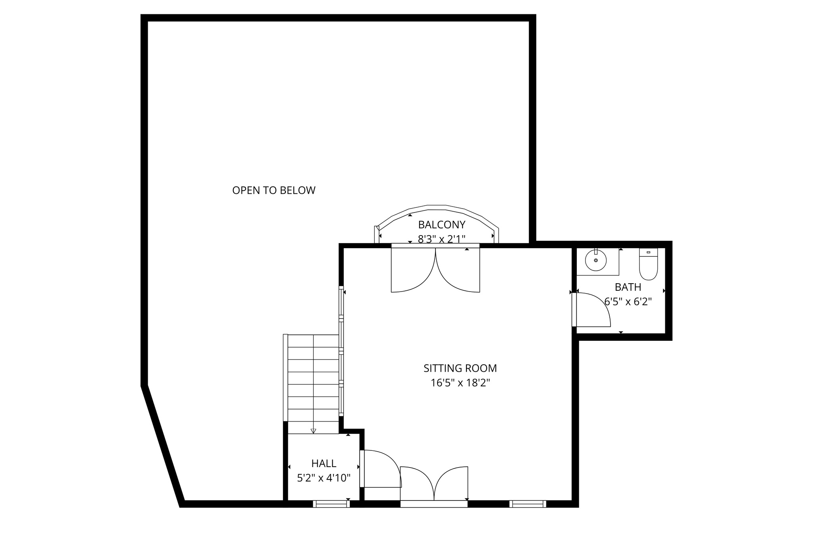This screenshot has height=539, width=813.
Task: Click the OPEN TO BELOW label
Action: [x=274, y=190]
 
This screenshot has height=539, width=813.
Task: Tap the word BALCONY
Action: [x=441, y=225]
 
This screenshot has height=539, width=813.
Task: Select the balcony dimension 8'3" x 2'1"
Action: [x=441, y=239]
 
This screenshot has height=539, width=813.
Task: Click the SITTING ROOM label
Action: [x=460, y=368]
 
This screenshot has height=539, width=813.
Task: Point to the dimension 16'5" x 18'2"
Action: [x=460, y=383]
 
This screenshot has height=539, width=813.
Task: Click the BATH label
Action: [x=628, y=287]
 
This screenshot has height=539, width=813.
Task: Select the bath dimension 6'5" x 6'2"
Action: [x=628, y=301]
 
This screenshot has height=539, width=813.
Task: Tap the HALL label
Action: [x=324, y=463]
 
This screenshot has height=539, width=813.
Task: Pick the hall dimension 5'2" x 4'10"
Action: [x=324, y=477]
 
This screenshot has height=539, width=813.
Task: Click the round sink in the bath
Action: [x=595, y=260]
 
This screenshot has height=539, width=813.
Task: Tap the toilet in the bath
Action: [x=648, y=264]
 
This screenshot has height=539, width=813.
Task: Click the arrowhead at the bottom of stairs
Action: [x=313, y=431]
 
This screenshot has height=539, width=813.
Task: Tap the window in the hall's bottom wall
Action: [x=331, y=504]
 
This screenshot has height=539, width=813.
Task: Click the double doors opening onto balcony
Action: [x=435, y=270]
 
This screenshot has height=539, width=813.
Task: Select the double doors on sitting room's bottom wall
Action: [x=434, y=485]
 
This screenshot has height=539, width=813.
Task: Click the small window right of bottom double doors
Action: [x=528, y=504]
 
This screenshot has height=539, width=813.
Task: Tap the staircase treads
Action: [x=313, y=377]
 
